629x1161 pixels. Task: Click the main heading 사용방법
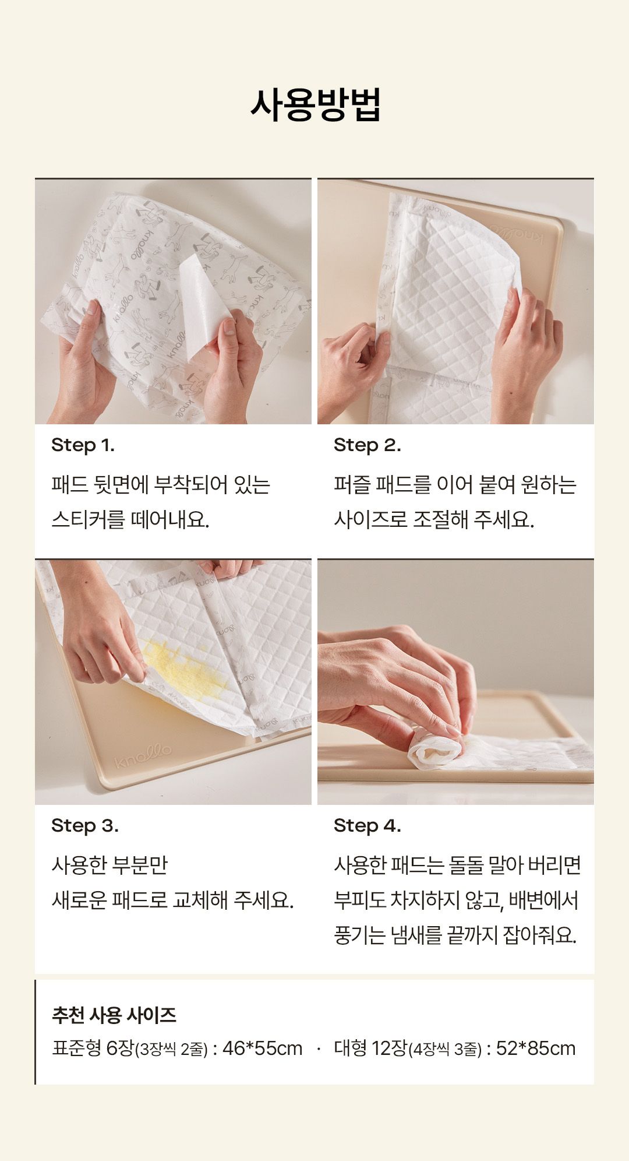[x=315, y=105]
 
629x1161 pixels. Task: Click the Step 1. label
[x=83, y=445]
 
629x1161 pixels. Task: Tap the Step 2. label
[x=367, y=445]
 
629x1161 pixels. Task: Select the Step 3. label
[x=85, y=826]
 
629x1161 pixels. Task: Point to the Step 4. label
[x=367, y=826]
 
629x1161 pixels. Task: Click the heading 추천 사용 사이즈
[x=114, y=1015]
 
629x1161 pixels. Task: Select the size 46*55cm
[x=263, y=1049]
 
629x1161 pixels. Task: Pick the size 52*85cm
[x=536, y=1049]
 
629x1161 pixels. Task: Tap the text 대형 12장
[x=370, y=1049]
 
